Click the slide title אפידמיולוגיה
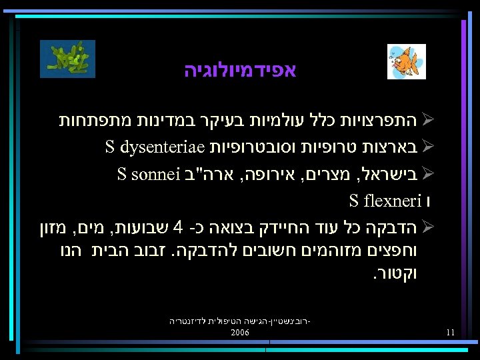click(x=240, y=70)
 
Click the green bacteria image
click(x=67, y=59)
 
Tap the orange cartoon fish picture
click(x=406, y=62)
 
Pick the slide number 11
click(x=451, y=332)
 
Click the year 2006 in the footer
click(x=239, y=332)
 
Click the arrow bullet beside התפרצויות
click(x=429, y=121)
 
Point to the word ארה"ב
click(x=209, y=175)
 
